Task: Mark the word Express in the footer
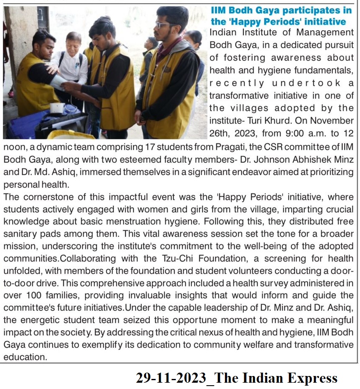(312, 378)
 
